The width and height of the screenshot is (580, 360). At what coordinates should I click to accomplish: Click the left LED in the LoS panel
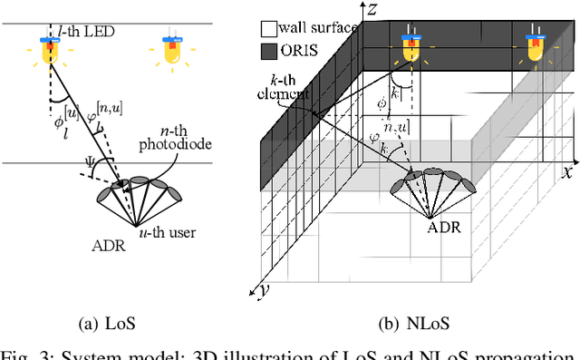[x=50, y=52]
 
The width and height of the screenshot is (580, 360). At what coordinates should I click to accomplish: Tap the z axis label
[x=373, y=9]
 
